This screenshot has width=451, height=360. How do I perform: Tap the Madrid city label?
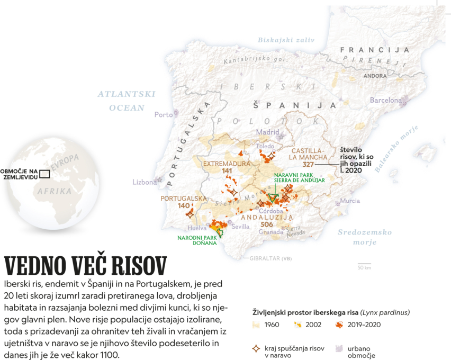268,132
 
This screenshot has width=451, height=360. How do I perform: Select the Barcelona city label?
385,100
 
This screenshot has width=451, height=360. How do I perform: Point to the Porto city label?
163,114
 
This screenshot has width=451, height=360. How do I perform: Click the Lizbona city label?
144,182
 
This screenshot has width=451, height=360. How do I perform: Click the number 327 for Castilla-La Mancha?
309,165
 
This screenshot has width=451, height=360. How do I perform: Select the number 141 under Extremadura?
227,171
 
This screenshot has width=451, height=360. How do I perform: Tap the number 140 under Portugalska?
184,205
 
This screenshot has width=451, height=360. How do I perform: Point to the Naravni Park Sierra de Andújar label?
299,177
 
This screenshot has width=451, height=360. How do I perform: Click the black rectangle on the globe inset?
44,173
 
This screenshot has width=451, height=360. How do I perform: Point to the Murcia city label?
350,201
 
